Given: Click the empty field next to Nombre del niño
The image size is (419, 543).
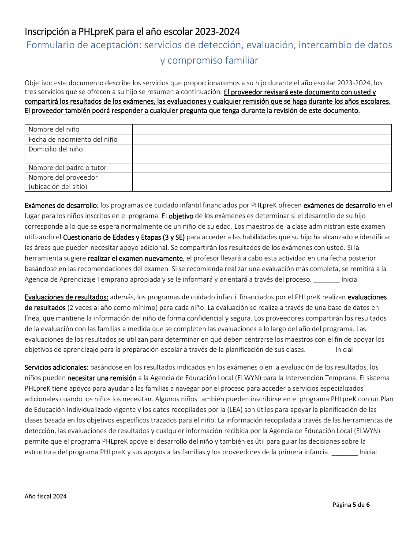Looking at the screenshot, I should [x=262, y=129].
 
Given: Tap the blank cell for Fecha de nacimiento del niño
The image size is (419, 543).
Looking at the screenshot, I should [x=262, y=140].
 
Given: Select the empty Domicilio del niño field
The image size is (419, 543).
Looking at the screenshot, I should [x=262, y=154].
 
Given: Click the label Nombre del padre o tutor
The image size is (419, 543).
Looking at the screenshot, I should [x=67, y=168].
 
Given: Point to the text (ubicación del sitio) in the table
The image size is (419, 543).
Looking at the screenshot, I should [x=58, y=186].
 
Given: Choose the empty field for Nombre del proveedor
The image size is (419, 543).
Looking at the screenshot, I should [x=262, y=182].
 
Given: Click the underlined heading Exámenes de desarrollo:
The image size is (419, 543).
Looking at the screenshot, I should [x=62, y=205].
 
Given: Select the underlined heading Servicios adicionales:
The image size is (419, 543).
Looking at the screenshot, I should [x=56, y=367].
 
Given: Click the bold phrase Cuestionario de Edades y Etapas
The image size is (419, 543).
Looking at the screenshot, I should [x=118, y=237].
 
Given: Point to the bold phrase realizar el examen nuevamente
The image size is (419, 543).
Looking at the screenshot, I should [x=135, y=258].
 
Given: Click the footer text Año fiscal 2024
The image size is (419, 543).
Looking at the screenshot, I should [x=46, y=496].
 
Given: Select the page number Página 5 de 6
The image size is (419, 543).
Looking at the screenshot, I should [x=351, y=505].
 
